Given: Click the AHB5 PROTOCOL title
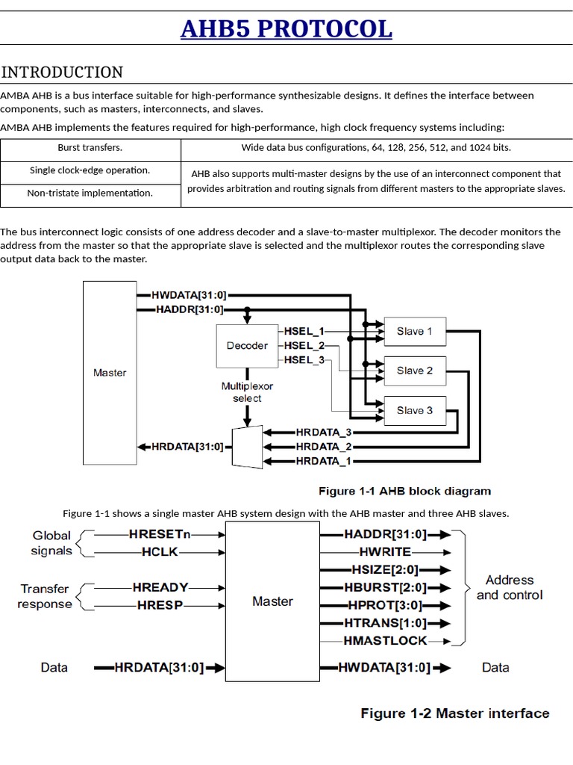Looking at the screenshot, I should click(x=286, y=29).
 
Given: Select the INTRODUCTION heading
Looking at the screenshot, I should click(x=62, y=72).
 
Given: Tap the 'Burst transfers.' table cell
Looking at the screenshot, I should click(x=90, y=148).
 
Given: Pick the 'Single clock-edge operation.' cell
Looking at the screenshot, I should click(x=90, y=170).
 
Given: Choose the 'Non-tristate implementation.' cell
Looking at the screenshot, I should click(x=90, y=193).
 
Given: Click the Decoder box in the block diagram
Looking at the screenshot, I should click(x=246, y=346).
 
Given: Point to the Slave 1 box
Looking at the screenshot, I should click(x=414, y=331).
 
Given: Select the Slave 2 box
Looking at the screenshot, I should click(x=414, y=371).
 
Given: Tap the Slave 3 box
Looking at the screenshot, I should click(x=414, y=410).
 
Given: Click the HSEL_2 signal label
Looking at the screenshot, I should click(x=304, y=345).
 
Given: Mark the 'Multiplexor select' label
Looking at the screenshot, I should click(x=247, y=392).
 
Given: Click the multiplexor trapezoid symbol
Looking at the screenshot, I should click(x=248, y=447).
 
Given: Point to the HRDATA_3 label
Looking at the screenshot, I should click(x=323, y=433).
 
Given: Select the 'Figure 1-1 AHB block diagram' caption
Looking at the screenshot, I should click(x=404, y=491).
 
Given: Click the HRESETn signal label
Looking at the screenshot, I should click(x=160, y=534).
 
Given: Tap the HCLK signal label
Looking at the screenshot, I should click(x=160, y=552).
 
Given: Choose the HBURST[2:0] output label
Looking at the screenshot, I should click(x=385, y=587).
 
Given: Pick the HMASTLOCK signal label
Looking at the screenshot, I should click(x=385, y=640).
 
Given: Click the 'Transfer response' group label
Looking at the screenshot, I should click(x=45, y=596).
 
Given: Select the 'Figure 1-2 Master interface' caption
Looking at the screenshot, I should click(x=454, y=713).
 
